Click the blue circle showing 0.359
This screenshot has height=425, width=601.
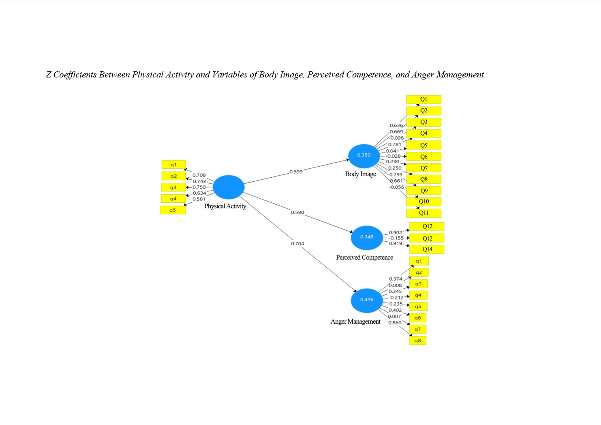point(364,156)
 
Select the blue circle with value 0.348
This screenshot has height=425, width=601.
point(367,238)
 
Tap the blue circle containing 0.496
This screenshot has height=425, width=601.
point(367,301)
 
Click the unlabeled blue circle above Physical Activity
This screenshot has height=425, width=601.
point(229,187)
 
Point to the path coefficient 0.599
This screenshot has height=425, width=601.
point(296,172)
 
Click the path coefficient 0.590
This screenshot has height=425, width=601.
point(297,212)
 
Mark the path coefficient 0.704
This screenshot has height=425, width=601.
point(297,243)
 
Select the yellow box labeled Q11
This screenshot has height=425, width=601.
point(423,213)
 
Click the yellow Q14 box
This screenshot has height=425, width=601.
point(427,249)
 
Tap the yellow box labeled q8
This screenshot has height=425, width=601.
point(417,341)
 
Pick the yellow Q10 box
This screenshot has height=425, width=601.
point(423,202)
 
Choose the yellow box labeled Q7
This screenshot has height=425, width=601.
point(423,168)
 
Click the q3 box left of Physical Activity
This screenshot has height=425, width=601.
point(173,187)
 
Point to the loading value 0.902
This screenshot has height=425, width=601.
point(396,232)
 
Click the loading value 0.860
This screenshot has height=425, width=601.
point(395,323)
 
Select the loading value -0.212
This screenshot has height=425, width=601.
point(396,297)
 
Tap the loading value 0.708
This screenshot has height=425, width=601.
point(199,175)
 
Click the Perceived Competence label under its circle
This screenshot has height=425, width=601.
point(364,258)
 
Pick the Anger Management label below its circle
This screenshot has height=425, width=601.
point(355,322)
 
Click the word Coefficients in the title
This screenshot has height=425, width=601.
point(75,75)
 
